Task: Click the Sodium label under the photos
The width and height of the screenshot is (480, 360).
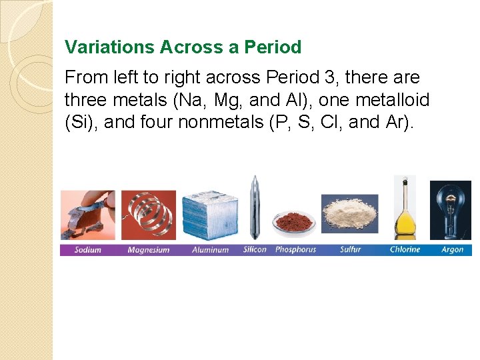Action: pos(87,250)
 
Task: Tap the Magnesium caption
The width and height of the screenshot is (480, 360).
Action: pos(149,250)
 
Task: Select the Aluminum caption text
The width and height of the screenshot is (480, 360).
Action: pos(210,250)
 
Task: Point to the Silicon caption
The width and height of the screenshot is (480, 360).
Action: pos(255,249)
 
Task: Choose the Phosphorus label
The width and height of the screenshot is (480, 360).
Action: pos(295,249)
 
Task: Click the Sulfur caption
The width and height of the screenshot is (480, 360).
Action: pos(350,249)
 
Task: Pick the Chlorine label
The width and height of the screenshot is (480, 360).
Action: pos(405,249)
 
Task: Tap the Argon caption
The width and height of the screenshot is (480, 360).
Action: pos(452,250)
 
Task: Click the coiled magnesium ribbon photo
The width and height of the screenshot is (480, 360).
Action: pos(149,214)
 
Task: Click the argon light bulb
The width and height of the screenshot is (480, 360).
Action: pos(452,208)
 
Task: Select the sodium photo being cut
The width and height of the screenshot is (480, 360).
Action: pos(87,214)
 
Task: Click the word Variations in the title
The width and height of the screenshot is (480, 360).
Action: pos(109,47)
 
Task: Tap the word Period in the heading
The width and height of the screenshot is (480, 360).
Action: pos(273,47)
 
